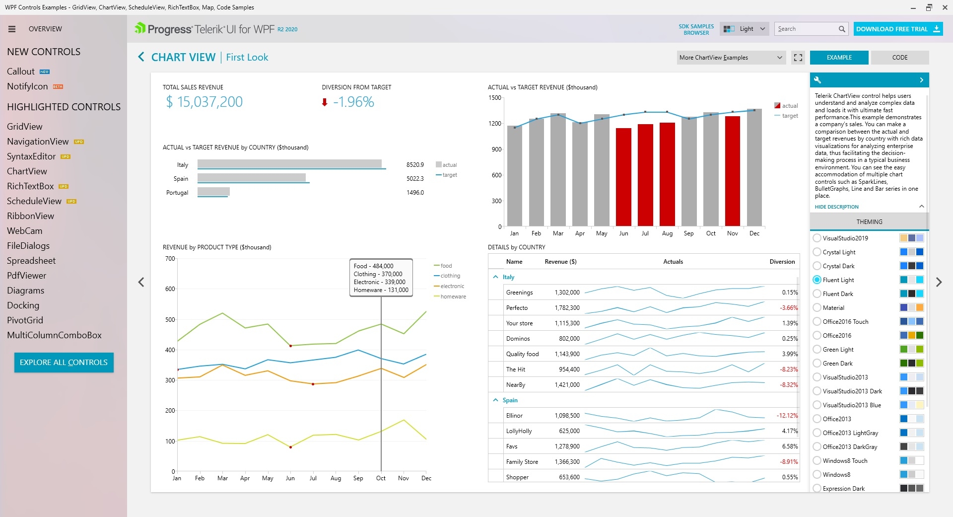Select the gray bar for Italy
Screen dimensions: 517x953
289,164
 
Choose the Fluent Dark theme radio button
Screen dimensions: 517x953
817,294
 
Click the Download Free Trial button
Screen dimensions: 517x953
898,29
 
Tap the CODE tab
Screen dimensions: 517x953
899,58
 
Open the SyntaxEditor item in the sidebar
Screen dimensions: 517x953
31,156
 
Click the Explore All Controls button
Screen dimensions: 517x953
64,363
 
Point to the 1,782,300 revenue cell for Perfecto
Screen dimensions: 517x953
567,308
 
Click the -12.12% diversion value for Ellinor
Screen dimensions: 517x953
787,416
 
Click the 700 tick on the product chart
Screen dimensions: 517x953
170,259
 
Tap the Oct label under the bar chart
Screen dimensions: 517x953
711,233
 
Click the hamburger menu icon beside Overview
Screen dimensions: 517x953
12,29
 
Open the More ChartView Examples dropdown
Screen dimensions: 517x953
731,58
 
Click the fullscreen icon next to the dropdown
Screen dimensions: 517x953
798,58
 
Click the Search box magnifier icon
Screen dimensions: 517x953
842,29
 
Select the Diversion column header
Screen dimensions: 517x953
782,262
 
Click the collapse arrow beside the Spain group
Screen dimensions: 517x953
495,400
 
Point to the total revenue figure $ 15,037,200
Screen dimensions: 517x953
204,102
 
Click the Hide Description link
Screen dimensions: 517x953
836,207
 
